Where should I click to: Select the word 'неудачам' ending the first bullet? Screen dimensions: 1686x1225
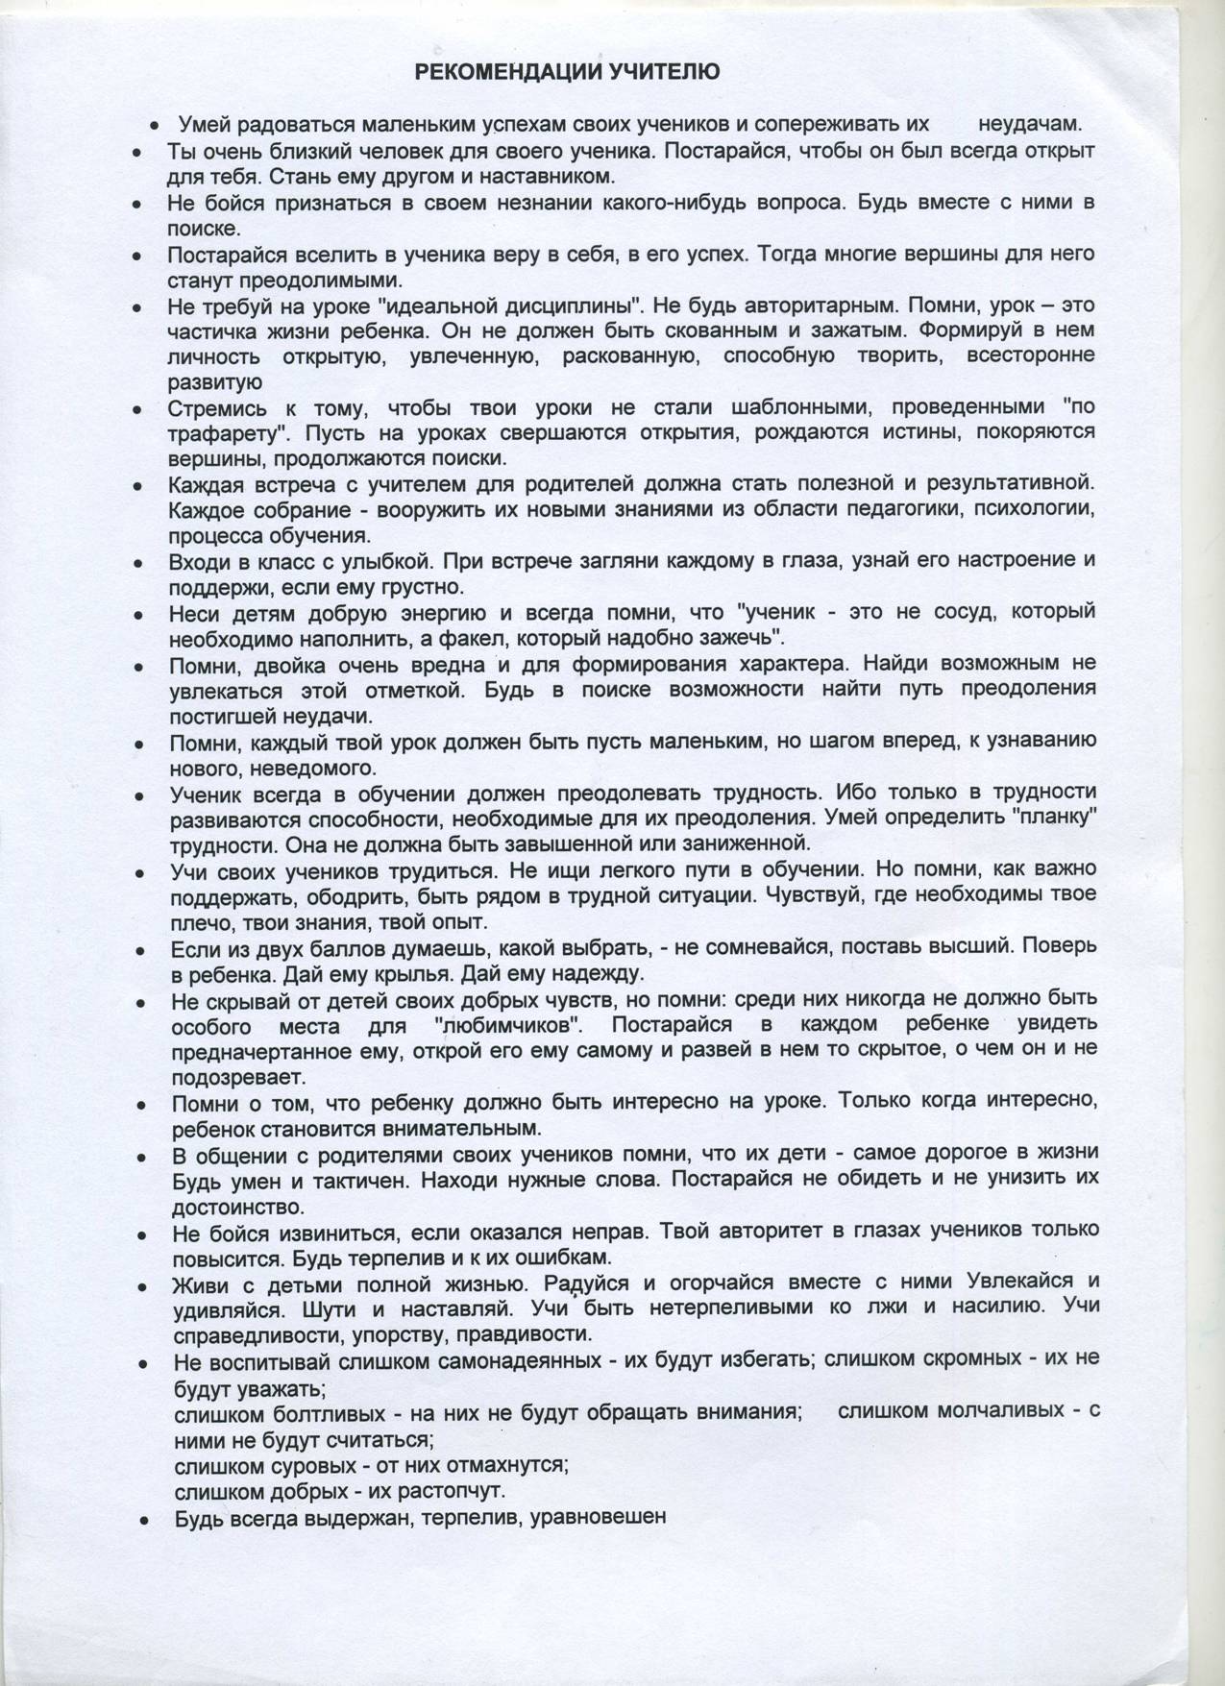tap(1030, 125)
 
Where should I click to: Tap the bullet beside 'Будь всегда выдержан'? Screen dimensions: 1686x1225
tap(143, 1521)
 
